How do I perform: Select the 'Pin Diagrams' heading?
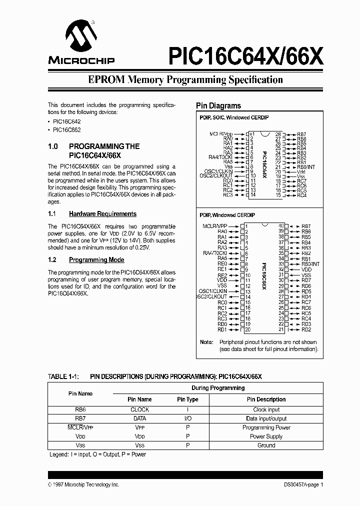(x=218, y=106)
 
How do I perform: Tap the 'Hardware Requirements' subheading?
(x=102, y=214)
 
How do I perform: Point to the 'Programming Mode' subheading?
(x=96, y=260)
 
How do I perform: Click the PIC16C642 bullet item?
(x=66, y=121)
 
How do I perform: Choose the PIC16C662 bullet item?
(x=66, y=130)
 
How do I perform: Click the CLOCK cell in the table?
(x=139, y=409)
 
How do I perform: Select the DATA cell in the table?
(x=139, y=418)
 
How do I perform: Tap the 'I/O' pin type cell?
(x=187, y=418)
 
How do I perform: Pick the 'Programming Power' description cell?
(x=266, y=427)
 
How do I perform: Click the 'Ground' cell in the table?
(x=266, y=445)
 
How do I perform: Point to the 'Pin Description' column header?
(x=266, y=399)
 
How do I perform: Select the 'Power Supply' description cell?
(x=266, y=436)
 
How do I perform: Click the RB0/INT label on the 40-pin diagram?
(x=310, y=264)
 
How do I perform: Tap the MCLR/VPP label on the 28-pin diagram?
(x=221, y=134)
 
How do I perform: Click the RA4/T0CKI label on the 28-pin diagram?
(x=220, y=157)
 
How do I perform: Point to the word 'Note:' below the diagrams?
(x=206, y=342)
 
